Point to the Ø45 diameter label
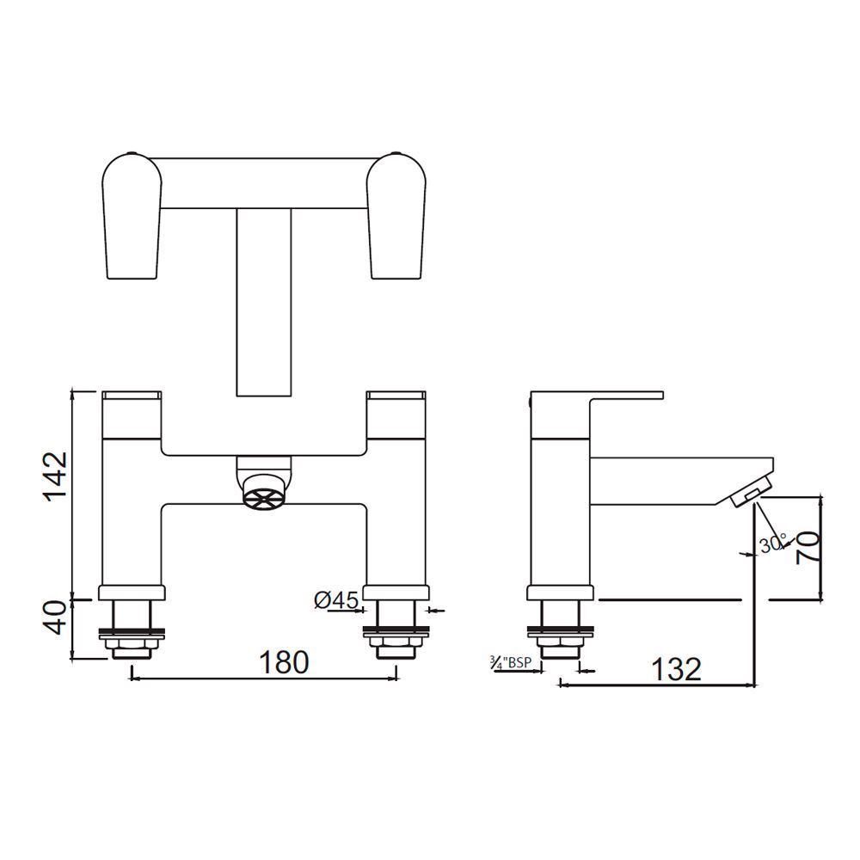click(x=336, y=600)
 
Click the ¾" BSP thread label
click(x=510, y=663)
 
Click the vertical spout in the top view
click(x=264, y=301)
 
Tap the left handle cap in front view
click(x=132, y=396)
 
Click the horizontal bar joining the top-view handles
click(x=264, y=183)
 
